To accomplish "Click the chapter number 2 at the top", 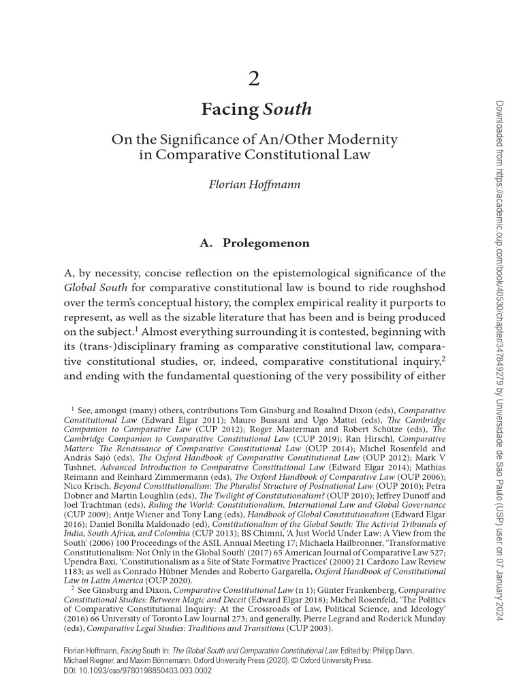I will coord(254,80).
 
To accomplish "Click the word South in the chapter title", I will coord(287,109).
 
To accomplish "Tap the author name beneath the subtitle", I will coord(254,184).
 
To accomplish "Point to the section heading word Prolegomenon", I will coord(266,242).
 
